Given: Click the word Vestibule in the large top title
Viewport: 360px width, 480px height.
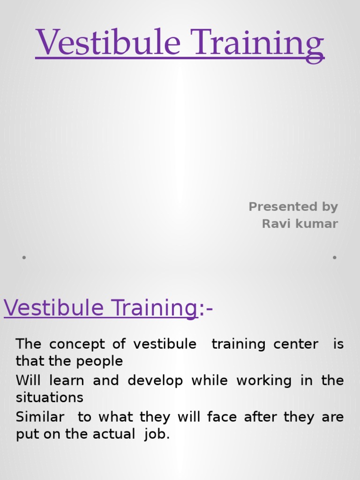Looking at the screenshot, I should pos(108,43).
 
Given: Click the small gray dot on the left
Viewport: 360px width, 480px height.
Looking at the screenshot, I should pos(23,257).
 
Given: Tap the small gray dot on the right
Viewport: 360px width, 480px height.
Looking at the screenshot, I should pos(335,257).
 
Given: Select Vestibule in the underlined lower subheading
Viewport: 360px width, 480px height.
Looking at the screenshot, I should pos(54,308).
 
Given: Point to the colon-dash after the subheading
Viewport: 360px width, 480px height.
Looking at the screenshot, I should pos(206,309).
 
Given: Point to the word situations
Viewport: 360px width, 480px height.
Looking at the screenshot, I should pos(50,398).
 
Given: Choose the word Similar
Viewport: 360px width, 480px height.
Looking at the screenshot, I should pos(40,417).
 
